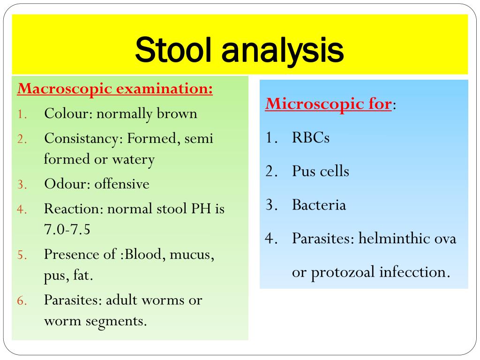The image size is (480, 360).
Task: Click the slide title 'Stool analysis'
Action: click(239, 50)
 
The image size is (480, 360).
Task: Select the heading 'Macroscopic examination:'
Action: click(115, 89)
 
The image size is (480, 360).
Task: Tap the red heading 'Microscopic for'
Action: click(328, 104)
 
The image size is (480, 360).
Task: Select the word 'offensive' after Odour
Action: click(122, 184)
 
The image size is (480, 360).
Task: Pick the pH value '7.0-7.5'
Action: click(67, 230)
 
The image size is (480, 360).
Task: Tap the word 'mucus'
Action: click(192, 255)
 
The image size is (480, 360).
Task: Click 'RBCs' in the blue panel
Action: click(310, 138)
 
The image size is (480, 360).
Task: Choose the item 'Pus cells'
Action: click(321, 172)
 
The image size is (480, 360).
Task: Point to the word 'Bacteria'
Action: click(319, 205)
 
